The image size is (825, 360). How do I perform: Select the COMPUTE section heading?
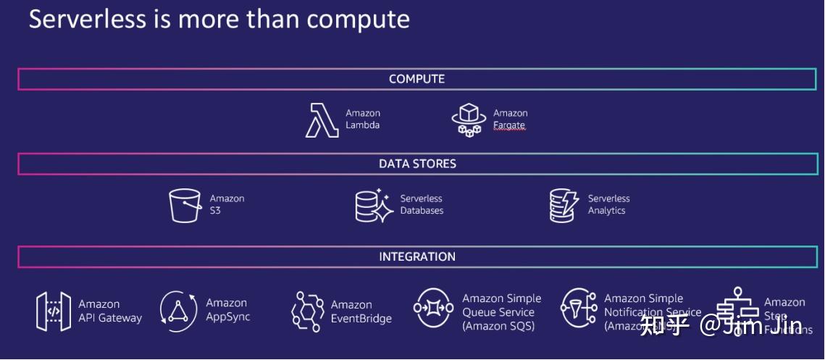[x=416, y=79]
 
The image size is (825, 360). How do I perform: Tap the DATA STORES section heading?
[x=417, y=164]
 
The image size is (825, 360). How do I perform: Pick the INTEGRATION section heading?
[x=417, y=256]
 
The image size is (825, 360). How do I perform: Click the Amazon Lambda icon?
[x=322, y=120]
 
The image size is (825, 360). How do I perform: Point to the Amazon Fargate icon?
[x=468, y=120]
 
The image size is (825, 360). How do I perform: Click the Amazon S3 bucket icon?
[x=185, y=205]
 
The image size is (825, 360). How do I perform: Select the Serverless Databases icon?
[x=374, y=205]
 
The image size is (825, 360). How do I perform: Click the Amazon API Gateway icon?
[x=54, y=311]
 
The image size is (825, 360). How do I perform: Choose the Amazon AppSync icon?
[x=178, y=311]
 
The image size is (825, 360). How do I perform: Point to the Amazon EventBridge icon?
[x=307, y=311]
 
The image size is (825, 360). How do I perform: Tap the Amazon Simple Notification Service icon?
[x=579, y=309]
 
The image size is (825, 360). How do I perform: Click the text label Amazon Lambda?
[x=363, y=119]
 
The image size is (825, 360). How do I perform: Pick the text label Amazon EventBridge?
[x=361, y=311]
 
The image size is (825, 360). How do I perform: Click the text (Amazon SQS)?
[x=498, y=326]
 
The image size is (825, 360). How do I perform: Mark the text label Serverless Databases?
[x=422, y=204]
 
